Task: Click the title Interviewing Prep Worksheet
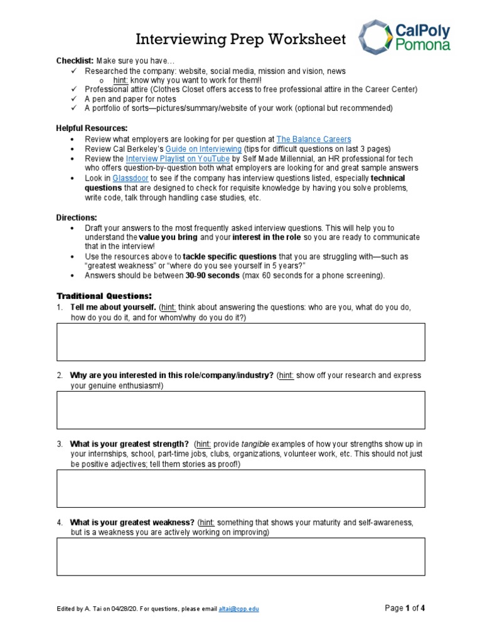(x=241, y=39)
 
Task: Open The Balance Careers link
(x=313, y=139)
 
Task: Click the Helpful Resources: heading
(x=92, y=128)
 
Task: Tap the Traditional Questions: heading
(x=104, y=295)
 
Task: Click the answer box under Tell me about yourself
(x=241, y=342)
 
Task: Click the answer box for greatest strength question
(x=241, y=488)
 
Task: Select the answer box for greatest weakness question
(x=241, y=556)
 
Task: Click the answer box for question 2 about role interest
(x=241, y=410)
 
